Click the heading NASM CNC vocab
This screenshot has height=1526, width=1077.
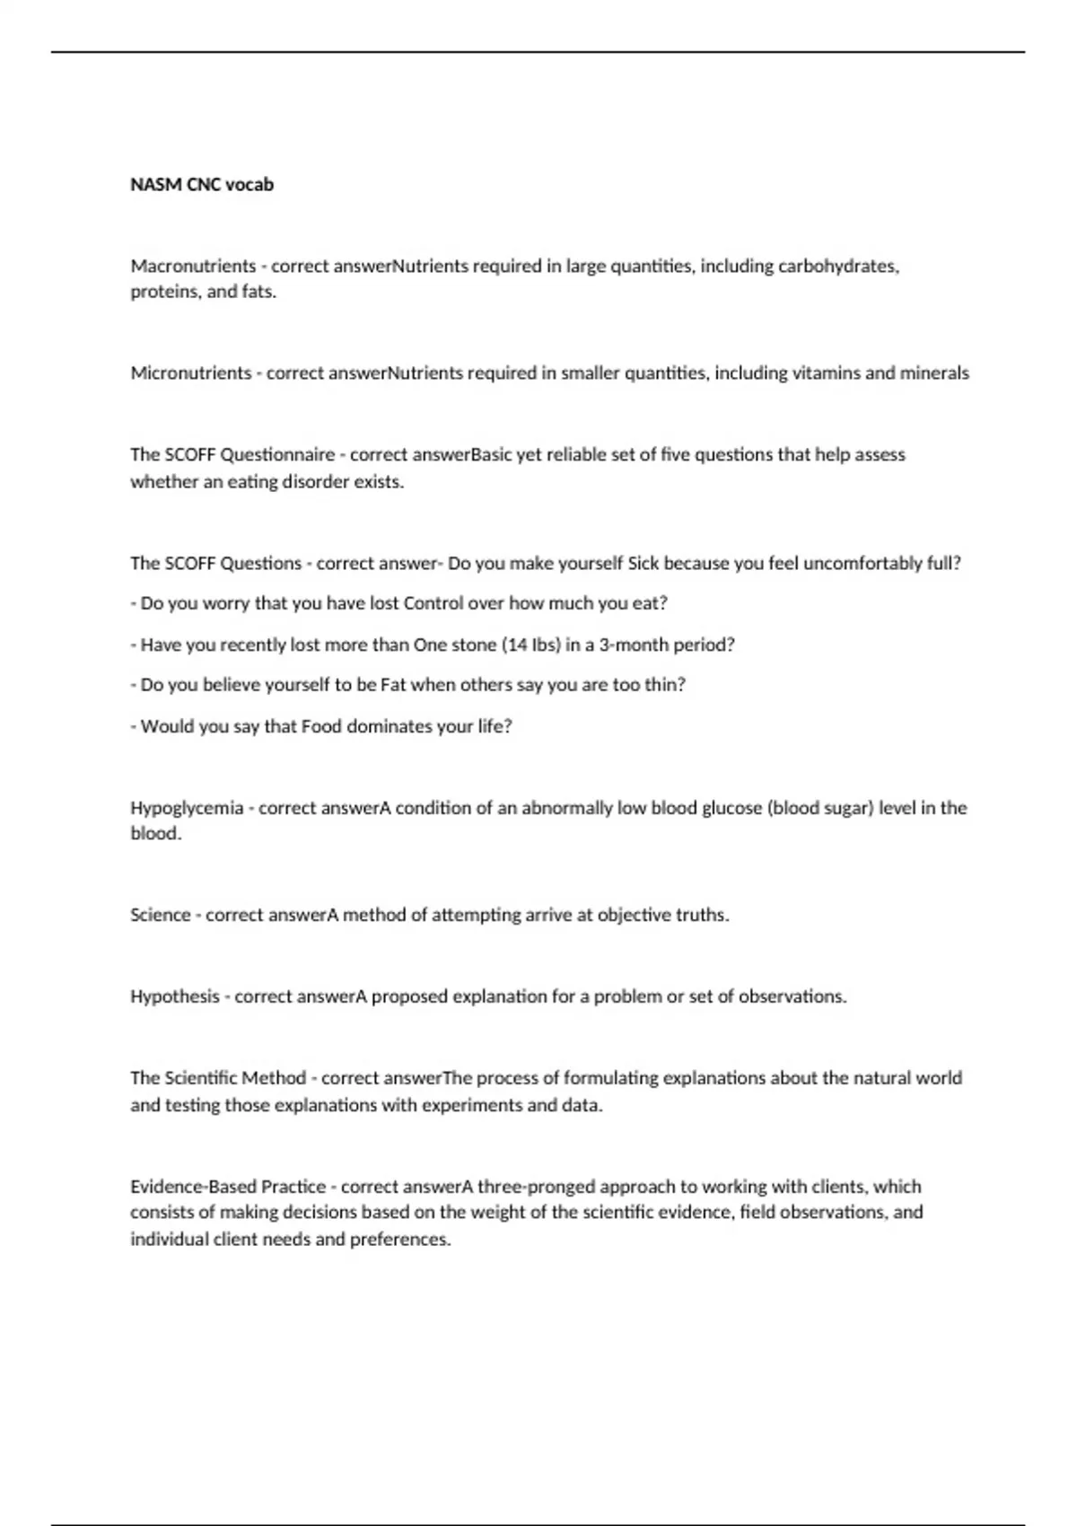point(202,185)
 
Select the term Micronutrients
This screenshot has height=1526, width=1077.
point(191,373)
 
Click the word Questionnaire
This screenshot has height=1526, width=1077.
point(277,454)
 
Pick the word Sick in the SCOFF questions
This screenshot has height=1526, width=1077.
point(643,563)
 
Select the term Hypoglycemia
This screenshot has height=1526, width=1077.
point(187,808)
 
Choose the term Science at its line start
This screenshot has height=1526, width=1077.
point(161,915)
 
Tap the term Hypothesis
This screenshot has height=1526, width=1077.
point(175,996)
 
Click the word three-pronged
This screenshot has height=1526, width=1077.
point(536,1187)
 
